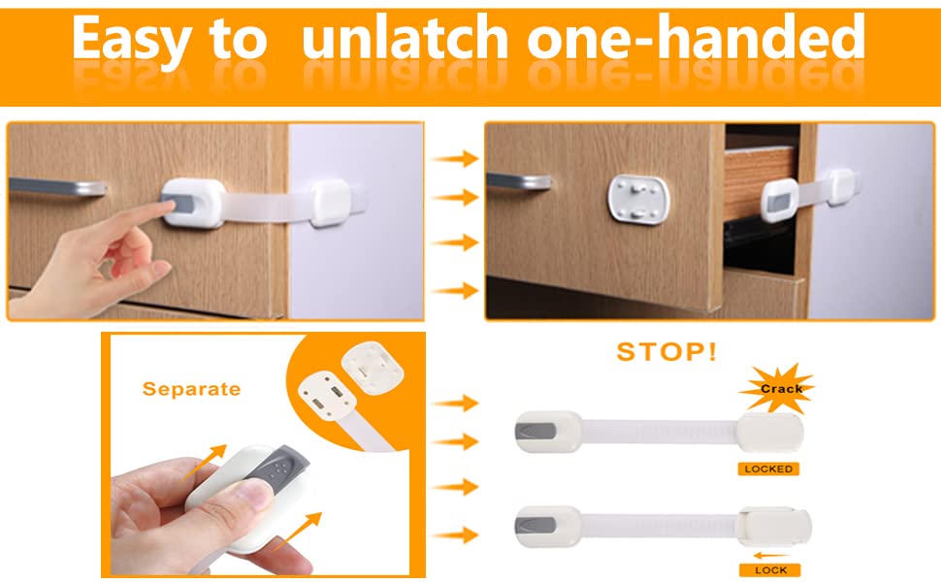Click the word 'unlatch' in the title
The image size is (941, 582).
[406, 41]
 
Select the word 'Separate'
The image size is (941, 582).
[191, 389]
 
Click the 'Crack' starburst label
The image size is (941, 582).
[780, 389]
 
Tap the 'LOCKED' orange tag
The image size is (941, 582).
[768, 469]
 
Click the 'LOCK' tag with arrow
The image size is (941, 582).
[769, 569]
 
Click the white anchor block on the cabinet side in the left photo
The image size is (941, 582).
[335, 202]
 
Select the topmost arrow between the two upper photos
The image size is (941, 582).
[455, 159]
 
